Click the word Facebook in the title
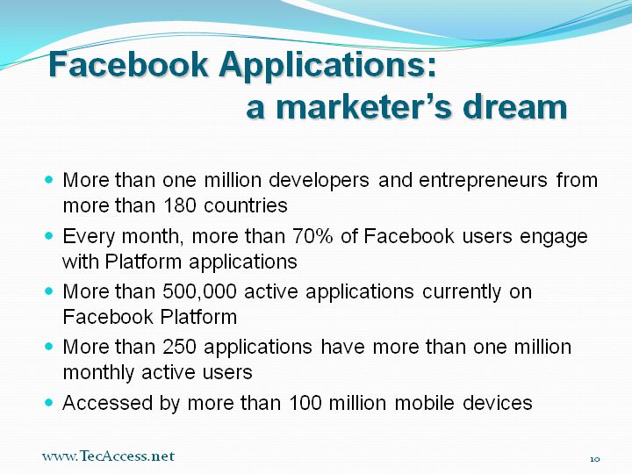click(x=128, y=64)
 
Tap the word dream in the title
click(x=515, y=106)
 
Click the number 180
click(x=180, y=205)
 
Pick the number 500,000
click(x=199, y=291)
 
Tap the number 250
click(x=179, y=347)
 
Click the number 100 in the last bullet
click(x=305, y=403)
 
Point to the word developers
click(x=319, y=181)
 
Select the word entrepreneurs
click(x=483, y=181)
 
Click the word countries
click(x=246, y=205)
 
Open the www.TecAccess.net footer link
click(x=108, y=456)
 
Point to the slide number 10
click(x=595, y=459)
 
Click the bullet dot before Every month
click(x=49, y=235)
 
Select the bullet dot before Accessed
click(x=49, y=402)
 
